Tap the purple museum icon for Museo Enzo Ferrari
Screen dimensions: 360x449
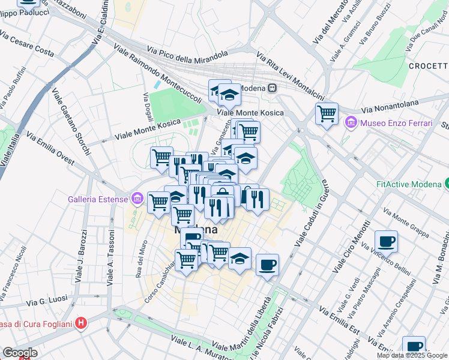coord(351,123)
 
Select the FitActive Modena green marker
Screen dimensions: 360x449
coord(446,184)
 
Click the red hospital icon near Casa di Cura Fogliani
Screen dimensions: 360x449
coord(82,325)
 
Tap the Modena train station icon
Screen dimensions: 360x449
coord(272,88)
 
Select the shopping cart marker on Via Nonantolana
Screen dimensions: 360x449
coord(327,113)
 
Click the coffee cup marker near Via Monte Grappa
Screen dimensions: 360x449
coord(387,241)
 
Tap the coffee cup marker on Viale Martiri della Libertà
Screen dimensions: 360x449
coord(267,264)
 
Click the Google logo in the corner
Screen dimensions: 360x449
coord(19,353)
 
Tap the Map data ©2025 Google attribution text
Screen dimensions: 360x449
coord(412,355)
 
